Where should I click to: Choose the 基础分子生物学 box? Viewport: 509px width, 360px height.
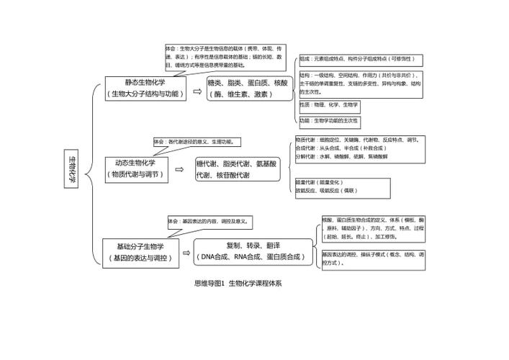[140, 251]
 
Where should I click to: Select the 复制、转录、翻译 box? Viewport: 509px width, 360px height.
[253, 251]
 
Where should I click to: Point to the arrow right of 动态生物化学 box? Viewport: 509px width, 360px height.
[179, 171]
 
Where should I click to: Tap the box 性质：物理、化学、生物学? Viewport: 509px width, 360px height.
[329, 104]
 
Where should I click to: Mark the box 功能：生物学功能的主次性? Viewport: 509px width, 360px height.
[329, 121]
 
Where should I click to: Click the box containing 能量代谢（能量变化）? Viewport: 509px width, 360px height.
[342, 187]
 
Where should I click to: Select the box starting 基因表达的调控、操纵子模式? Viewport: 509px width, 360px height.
[374, 259]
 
